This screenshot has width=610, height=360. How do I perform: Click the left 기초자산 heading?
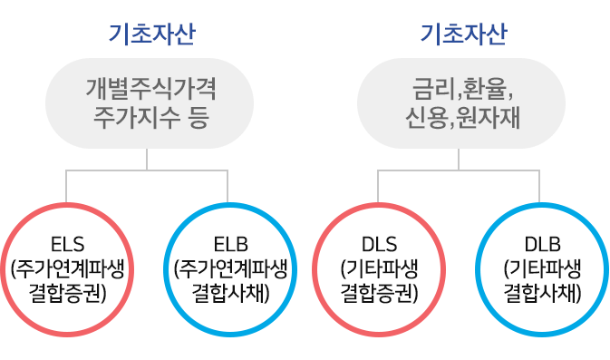coord(150,35)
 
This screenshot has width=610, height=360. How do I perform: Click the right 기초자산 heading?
coord(463,35)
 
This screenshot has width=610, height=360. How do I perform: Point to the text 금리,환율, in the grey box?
coord(462,90)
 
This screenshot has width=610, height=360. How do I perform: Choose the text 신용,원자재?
coord(462,117)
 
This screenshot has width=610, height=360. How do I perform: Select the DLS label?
coord(379,244)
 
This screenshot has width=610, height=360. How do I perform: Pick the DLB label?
coord(542,244)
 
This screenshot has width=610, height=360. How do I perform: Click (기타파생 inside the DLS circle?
coord(379,268)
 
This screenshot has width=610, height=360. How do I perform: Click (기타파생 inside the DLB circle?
coord(542,268)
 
